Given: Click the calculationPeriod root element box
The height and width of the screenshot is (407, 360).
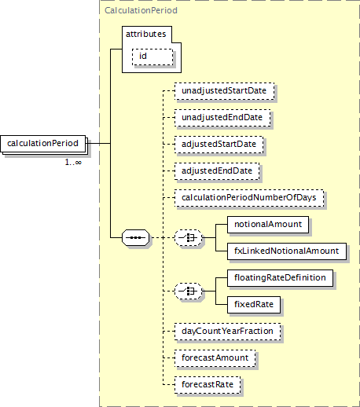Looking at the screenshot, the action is click(43, 144).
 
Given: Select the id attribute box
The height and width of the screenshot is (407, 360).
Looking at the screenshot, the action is click(152, 57).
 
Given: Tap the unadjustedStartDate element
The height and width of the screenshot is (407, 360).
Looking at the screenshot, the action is click(224, 91).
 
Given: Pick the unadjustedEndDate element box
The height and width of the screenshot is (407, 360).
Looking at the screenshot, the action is click(222, 118).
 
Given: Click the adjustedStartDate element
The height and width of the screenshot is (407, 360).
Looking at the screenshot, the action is click(219, 145).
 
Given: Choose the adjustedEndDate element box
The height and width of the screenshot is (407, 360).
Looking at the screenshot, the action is click(217, 171).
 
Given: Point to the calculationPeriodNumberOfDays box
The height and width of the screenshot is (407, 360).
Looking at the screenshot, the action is click(249, 198).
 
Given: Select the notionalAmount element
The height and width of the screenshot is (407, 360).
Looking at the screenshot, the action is click(268, 225).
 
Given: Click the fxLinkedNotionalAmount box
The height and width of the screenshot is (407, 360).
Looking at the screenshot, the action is click(287, 251).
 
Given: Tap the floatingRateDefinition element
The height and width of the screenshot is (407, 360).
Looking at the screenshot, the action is click(281, 278).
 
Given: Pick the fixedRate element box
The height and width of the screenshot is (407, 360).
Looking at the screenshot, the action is click(254, 305).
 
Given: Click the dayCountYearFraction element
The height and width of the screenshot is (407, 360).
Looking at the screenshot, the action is click(228, 332).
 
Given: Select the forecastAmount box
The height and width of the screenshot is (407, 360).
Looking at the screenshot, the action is click(215, 358).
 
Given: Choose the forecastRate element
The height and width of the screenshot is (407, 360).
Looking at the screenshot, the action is click(208, 385).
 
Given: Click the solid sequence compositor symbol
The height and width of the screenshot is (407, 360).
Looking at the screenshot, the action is click(136, 237).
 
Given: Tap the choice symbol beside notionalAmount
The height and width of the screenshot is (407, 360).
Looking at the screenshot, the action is click(189, 238).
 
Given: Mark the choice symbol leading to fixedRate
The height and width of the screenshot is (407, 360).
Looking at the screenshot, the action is click(189, 291).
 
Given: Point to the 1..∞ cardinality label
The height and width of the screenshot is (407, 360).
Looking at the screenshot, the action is click(73, 163).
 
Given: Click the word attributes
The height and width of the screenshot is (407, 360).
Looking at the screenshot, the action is click(146, 34).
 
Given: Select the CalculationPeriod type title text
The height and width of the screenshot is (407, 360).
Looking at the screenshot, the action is click(141, 10).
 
